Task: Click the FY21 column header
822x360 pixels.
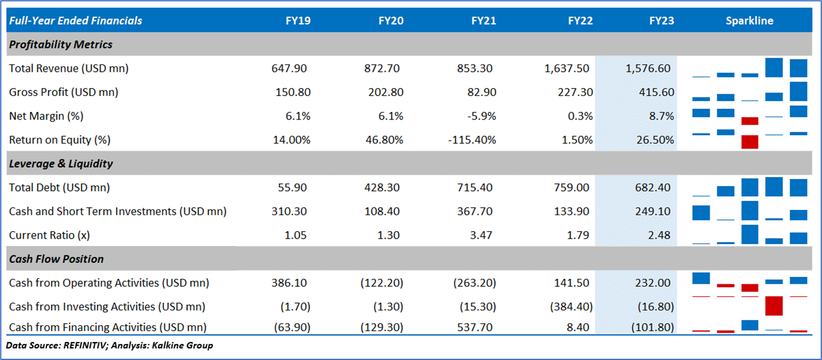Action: point(484,20)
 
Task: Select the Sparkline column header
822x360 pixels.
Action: point(749,20)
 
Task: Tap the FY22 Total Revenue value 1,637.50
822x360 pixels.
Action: point(567,68)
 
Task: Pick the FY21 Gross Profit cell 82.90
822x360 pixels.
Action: point(481,92)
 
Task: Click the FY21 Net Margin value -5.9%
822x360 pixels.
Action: point(482,116)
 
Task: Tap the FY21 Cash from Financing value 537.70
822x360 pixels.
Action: point(476,327)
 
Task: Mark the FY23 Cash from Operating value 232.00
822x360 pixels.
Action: point(653,283)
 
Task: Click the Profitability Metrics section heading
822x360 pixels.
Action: point(61,45)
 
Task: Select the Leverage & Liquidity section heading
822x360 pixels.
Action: point(61,164)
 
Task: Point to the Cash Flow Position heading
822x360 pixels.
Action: point(56,259)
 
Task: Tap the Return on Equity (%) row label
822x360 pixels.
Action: point(60,140)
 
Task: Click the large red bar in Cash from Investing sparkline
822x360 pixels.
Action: point(774,305)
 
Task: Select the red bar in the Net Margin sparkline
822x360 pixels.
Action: point(750,121)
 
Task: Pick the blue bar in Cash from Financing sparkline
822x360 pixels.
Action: point(750,325)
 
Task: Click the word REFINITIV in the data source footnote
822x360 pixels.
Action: point(86,345)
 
